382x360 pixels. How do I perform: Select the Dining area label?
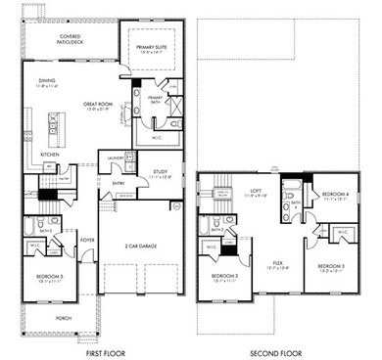(48, 84)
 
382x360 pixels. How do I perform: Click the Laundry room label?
(116, 157)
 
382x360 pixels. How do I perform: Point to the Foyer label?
(87, 238)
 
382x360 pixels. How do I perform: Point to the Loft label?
(257, 193)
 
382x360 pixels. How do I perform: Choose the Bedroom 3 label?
(332, 266)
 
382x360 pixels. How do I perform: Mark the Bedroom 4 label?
(335, 195)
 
